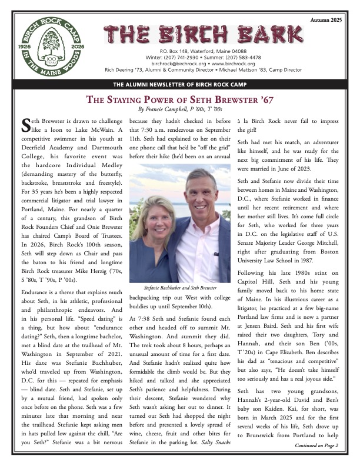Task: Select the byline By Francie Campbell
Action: point(179,109)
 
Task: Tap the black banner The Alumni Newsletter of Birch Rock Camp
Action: point(179,84)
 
